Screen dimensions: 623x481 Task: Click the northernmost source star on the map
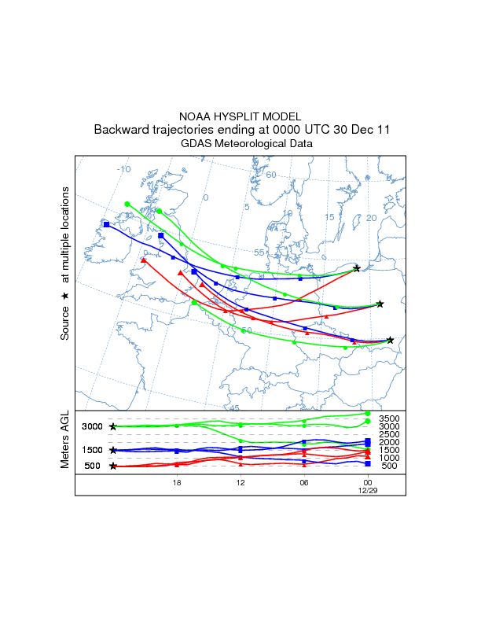357,269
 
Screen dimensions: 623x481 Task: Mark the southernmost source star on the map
390,340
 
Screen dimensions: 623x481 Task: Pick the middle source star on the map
380,304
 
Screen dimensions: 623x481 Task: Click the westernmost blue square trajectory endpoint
106,224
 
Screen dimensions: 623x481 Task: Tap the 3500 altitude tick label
390,418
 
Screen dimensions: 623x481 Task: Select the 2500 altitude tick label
390,434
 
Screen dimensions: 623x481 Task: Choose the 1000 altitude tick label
390,458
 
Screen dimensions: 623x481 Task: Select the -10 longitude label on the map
123,169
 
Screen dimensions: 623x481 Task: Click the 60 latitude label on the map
270,174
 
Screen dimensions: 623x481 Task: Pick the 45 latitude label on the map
233,408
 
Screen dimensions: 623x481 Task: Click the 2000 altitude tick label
390,442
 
